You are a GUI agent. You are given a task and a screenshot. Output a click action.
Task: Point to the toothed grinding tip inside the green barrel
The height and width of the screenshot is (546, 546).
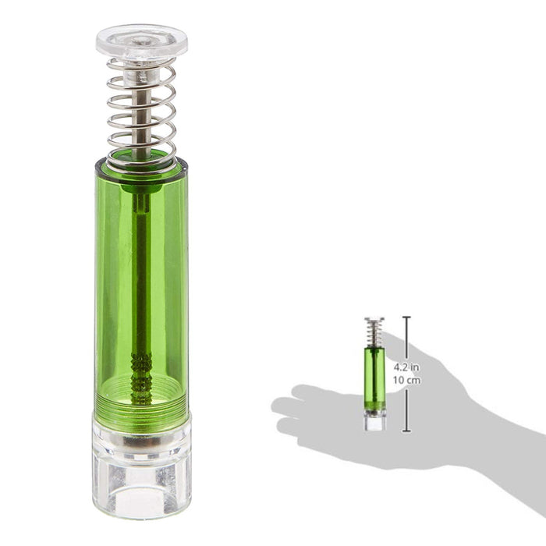click(x=141, y=367)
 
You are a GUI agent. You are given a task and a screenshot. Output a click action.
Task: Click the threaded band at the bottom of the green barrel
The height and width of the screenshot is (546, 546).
click(x=141, y=406)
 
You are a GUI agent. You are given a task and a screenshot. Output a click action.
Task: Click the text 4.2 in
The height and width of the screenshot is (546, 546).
click(x=407, y=366)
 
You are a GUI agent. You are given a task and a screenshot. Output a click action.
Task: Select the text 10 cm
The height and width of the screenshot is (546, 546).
click(x=407, y=380)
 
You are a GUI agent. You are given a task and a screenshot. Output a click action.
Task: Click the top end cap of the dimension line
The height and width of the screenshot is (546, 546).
click(x=406, y=317)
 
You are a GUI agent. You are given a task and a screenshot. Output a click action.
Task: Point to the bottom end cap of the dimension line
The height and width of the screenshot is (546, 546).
click(x=406, y=431)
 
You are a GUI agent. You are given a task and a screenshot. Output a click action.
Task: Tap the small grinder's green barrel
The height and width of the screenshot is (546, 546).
click(x=374, y=378)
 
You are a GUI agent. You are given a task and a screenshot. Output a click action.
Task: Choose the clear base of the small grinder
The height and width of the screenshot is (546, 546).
click(x=374, y=422)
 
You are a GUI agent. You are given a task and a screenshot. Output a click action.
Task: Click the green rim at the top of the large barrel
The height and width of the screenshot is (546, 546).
click(x=141, y=165)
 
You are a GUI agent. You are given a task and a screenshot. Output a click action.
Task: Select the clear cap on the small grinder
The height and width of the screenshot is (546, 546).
click(x=374, y=320)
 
